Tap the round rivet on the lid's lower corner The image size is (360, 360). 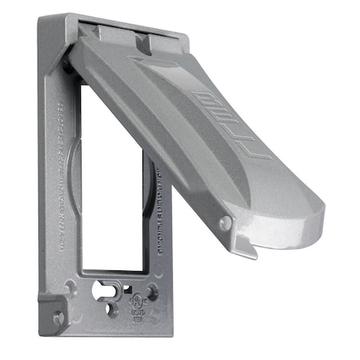(226, 223)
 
